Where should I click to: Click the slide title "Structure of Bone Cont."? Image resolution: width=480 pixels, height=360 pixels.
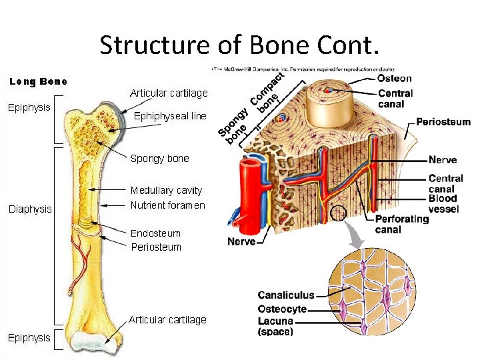pos(239,45)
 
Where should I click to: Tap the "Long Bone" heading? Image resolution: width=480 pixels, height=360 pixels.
pos(38,82)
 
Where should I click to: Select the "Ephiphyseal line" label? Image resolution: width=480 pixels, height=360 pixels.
pos(171,115)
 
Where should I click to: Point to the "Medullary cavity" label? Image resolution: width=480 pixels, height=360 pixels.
pos(166,190)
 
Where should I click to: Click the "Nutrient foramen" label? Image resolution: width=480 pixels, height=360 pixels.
pos(167,205)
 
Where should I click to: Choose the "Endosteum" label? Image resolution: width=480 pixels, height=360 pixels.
pos(155,233)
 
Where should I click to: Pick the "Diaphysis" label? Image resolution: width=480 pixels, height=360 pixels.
pos(30,209)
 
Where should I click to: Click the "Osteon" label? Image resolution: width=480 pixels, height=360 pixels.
pos(395,78)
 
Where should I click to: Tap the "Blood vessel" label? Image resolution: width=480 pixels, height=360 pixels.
pos(443,202)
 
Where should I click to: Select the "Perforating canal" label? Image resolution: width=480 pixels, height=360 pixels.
pos(401,224)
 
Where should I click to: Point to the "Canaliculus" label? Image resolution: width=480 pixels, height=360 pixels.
pos(286,295)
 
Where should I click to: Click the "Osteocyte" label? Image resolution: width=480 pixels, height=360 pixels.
pos(282,309)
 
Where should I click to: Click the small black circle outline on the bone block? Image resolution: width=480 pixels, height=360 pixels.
pos(339,214)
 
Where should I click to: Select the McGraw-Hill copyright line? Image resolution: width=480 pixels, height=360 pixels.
pos(304,69)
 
